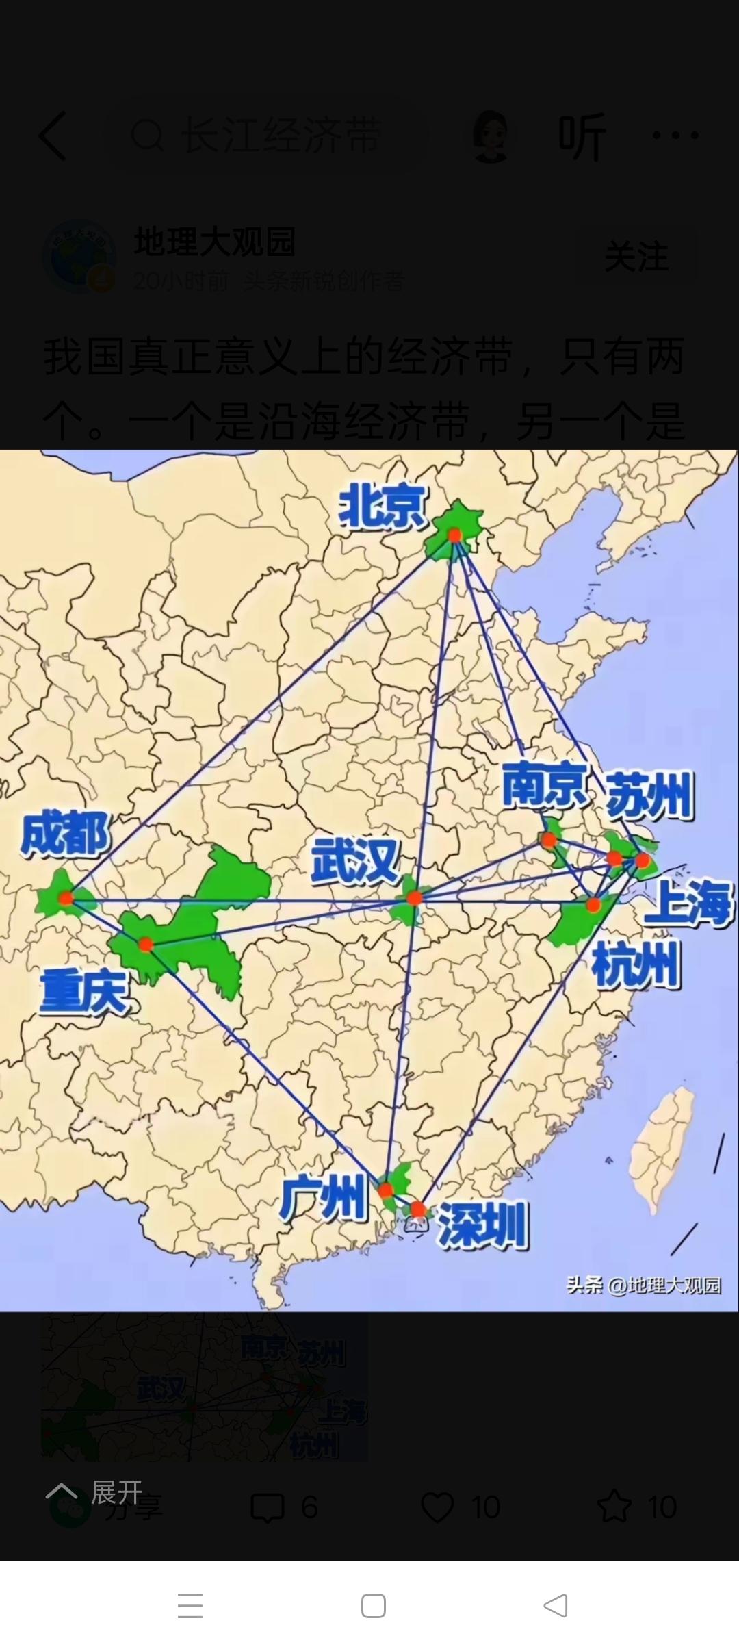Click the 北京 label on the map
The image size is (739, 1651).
tap(381, 507)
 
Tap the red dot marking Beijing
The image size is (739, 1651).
tap(454, 535)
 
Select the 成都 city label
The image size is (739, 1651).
tap(64, 834)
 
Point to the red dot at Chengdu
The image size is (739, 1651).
tap(66, 898)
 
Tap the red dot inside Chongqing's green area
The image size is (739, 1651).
tap(145, 945)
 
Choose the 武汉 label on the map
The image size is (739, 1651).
tap(355, 861)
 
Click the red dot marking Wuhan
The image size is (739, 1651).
tap(413, 898)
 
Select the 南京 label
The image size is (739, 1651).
tap(544, 784)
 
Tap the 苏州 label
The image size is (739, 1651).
tap(649, 795)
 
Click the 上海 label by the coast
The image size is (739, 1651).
tap(688, 902)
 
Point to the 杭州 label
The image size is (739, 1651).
tap(635, 964)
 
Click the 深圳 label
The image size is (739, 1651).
tap(482, 1225)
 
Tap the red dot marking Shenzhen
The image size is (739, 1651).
tap(417, 1210)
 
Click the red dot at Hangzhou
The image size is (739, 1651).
tap(593, 905)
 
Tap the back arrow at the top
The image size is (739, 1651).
tap(53, 136)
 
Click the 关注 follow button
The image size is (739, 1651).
tap(636, 257)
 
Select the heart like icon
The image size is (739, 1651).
tap(437, 1507)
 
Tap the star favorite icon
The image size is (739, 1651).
tap(614, 1507)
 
